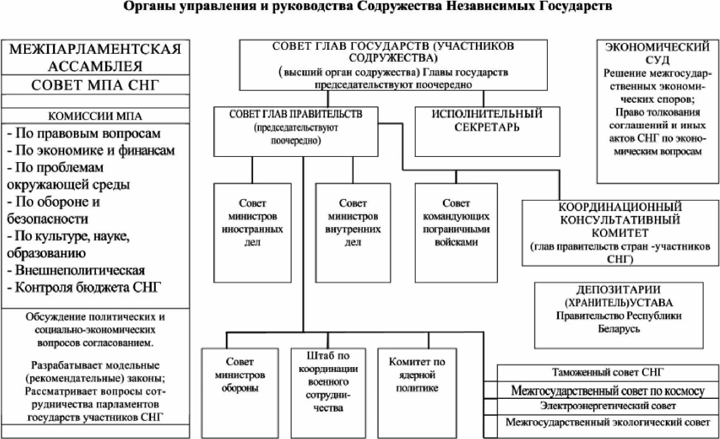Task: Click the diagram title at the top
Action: pyautogui.click(x=367, y=7)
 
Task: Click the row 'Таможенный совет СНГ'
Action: pyautogui.click(x=608, y=373)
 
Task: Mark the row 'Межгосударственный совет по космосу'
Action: pyautogui.click(x=608, y=390)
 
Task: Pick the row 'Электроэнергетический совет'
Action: pyautogui.click(x=608, y=406)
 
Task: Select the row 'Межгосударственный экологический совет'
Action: pyautogui.click(x=608, y=423)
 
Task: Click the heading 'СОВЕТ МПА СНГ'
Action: pyautogui.click(x=95, y=85)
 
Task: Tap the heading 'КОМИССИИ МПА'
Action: pyautogui.click(x=95, y=116)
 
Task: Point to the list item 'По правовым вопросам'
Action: pyautogui.click(x=84, y=134)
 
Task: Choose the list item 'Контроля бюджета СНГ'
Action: pyautogui.click(x=84, y=288)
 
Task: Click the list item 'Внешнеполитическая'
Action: pyautogui.click(x=76, y=270)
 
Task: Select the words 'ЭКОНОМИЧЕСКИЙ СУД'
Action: pyautogui.click(x=657, y=53)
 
